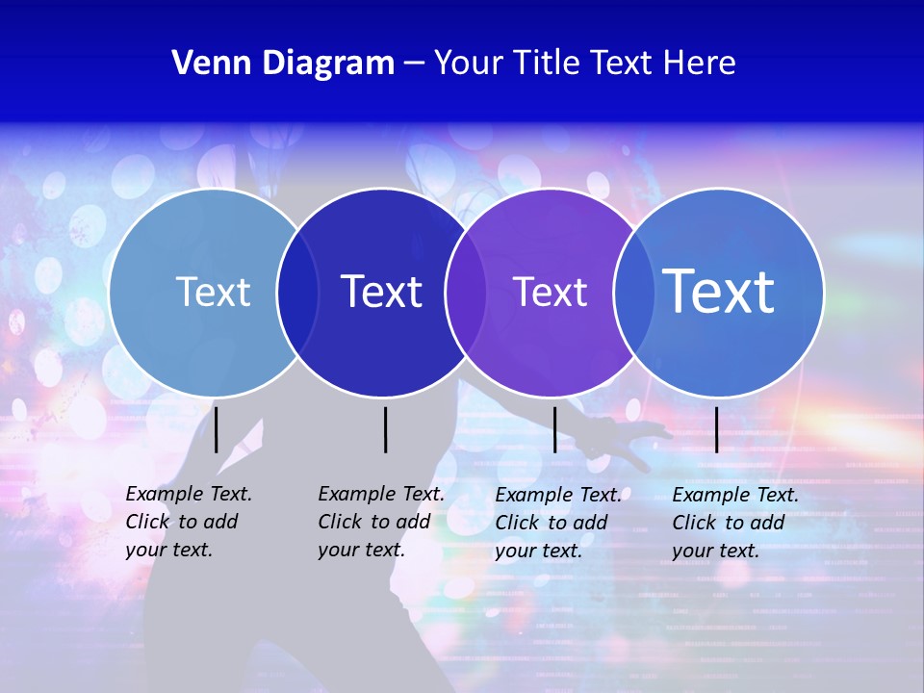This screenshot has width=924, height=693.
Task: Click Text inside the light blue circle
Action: (x=213, y=292)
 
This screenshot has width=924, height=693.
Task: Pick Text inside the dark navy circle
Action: (x=382, y=292)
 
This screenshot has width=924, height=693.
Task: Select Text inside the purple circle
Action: (x=550, y=292)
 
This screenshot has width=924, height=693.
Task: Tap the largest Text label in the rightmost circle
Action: (x=719, y=291)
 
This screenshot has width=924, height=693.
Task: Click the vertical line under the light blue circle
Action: (x=217, y=429)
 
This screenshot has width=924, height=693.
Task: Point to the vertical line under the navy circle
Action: (x=385, y=429)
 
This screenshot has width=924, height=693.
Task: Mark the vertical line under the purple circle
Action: (x=554, y=429)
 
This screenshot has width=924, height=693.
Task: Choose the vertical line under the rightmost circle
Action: (x=716, y=429)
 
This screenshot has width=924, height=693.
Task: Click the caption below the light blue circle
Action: (x=188, y=522)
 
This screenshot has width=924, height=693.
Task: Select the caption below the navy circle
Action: (x=380, y=522)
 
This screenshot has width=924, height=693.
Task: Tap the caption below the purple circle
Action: (x=557, y=523)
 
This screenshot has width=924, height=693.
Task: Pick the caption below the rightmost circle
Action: (x=734, y=523)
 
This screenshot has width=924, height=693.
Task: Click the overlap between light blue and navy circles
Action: (x=297, y=293)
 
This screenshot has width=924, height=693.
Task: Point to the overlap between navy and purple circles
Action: (x=466, y=293)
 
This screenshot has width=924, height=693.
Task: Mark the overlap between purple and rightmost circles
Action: (x=632, y=293)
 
